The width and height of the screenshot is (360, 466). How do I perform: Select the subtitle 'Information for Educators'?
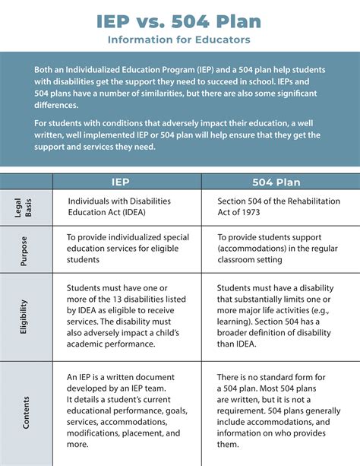point(179,38)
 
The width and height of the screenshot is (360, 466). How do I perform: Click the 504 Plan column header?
point(282,182)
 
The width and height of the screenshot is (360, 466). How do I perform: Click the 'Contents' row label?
point(26,411)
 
